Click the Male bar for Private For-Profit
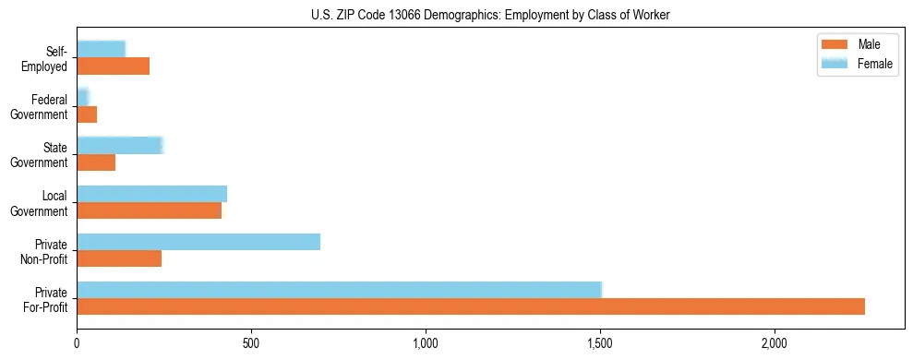click(x=471, y=306)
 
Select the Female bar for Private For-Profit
click(x=339, y=289)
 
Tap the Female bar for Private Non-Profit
click(x=198, y=242)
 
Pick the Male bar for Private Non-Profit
click(x=119, y=258)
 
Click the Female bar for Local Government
click(x=151, y=194)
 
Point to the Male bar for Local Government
click(x=149, y=210)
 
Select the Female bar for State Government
click(x=120, y=145)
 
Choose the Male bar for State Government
click(x=96, y=162)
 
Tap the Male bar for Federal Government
click(x=87, y=114)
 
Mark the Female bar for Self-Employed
click(x=101, y=49)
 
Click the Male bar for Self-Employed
click(x=113, y=66)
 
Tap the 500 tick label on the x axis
click(x=251, y=343)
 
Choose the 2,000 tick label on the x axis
click(x=774, y=343)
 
